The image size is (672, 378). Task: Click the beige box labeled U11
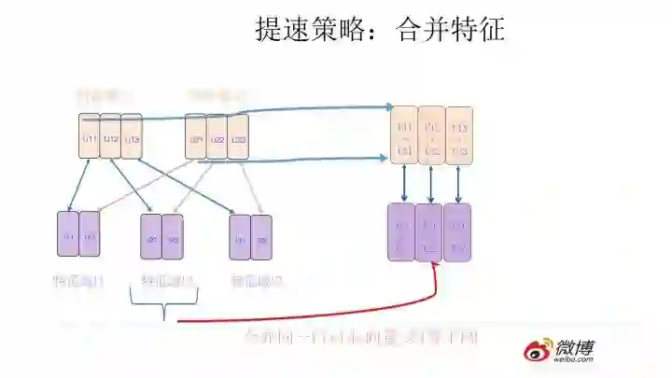90,140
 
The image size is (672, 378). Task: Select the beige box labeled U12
110,140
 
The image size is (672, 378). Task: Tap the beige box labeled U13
132,140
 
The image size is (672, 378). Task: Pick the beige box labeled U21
195,140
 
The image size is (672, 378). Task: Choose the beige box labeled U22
217,140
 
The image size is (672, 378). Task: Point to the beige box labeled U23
238,140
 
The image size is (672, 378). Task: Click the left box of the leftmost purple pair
68,235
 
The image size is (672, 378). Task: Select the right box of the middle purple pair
174,237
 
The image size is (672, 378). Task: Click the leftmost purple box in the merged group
401,231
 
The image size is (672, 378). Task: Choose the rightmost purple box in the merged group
456,231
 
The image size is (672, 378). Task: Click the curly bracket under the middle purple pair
165,304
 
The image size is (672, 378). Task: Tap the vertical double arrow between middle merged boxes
430,183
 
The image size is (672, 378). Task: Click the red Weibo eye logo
537,351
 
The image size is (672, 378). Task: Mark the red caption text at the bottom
359,336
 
